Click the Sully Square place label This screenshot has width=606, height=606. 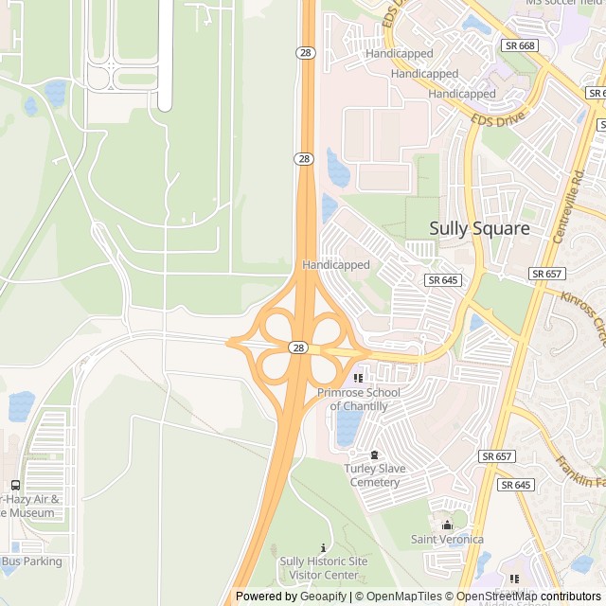point(479,228)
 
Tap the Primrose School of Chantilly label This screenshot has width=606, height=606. point(359,400)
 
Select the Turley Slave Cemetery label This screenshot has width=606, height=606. point(375,475)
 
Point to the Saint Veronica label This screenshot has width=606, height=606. point(447,540)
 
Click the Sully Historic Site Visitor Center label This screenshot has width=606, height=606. point(324,568)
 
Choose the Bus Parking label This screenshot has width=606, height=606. point(31,561)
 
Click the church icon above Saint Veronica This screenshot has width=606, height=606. point(448,525)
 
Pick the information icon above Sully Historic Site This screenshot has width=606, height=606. point(324,547)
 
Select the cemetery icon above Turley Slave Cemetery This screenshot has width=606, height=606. point(375,454)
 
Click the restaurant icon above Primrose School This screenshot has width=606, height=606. point(358,379)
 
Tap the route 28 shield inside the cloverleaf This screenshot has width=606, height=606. point(299,348)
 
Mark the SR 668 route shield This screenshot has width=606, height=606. point(521,45)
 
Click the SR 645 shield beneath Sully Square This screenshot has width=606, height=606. point(442,280)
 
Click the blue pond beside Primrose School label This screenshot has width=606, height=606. point(348,426)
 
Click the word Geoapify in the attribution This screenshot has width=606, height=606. point(323,597)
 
